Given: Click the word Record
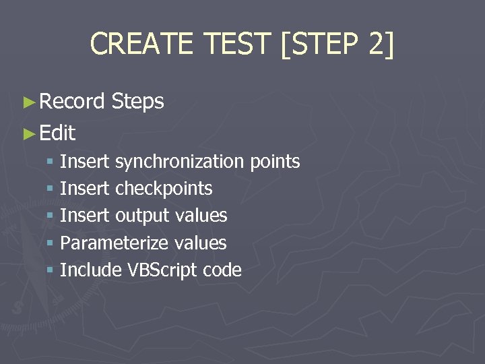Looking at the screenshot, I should click(72, 102).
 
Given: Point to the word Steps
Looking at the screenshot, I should click(138, 102).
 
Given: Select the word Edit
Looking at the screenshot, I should click(57, 133).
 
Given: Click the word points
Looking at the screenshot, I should click(275, 162).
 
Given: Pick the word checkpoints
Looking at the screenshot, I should click(164, 189).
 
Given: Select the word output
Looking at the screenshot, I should click(142, 216).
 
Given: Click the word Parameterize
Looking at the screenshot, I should click(114, 243).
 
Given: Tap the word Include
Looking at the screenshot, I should click(90, 270).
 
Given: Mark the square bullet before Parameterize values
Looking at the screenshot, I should click(50, 243).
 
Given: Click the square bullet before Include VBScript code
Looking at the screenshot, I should click(50, 270).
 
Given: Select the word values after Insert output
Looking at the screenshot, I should click(201, 216).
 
